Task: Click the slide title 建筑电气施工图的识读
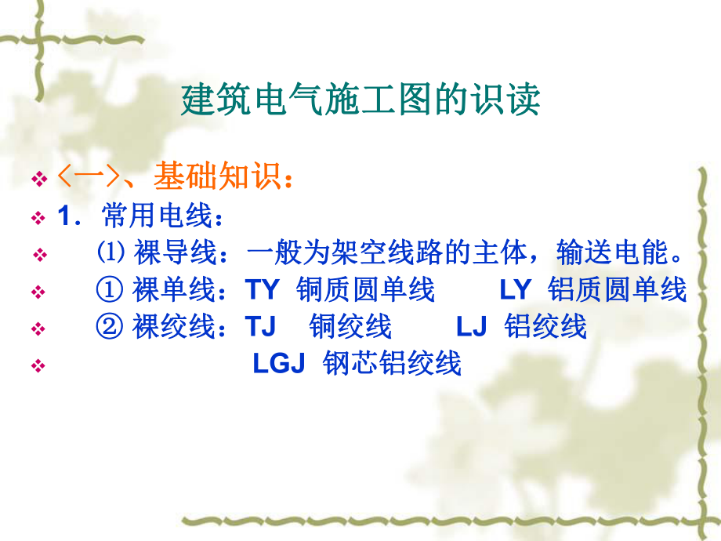tap(360, 101)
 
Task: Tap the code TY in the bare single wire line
tap(263, 290)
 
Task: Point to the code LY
tap(516, 290)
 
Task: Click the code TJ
tap(260, 326)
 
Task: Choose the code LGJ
tap(278, 364)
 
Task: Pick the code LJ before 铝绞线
tap(472, 326)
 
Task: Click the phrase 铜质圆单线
tap(366, 290)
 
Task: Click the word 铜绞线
tap(350, 326)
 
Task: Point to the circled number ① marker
tap(111, 290)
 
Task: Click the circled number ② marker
tap(111, 326)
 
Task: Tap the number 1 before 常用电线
tap(65, 216)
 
